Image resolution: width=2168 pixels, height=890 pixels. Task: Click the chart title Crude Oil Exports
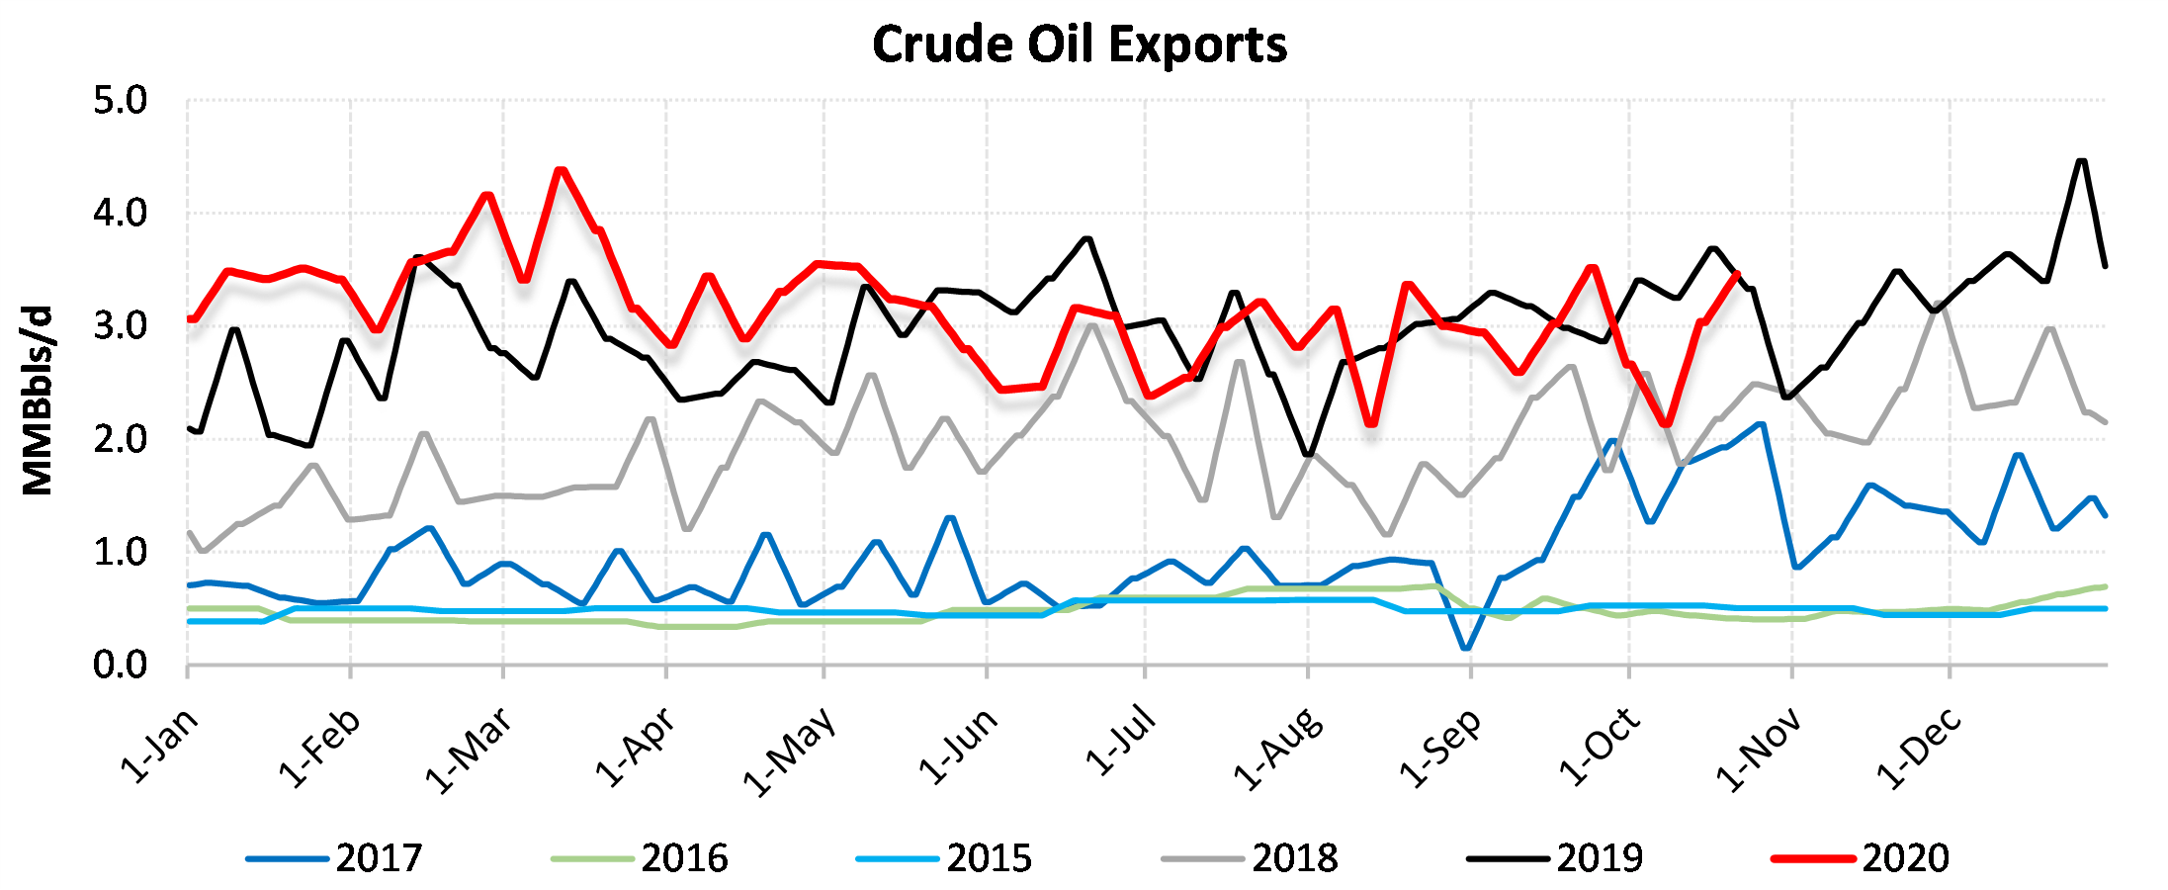coord(1080,45)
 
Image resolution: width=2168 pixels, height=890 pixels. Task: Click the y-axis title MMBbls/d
coord(38,400)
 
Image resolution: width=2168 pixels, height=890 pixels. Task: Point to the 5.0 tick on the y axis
coord(120,101)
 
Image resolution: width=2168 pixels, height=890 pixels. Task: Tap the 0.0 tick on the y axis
coord(120,666)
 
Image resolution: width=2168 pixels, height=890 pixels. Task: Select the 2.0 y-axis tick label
coord(120,439)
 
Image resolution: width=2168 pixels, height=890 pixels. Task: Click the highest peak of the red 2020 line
coord(561,169)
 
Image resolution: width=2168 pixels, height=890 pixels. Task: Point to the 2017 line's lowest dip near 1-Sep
coord(1465,649)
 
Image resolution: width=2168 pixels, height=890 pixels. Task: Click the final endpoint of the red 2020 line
coord(1737,274)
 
